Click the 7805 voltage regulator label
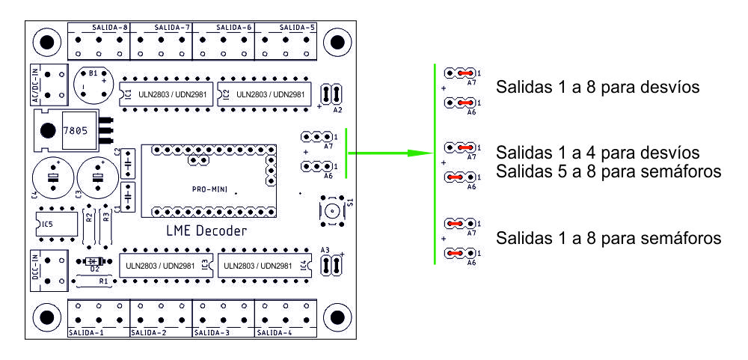(76, 130)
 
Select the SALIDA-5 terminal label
(297, 28)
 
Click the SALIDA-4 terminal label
(274, 331)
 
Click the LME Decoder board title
(206, 231)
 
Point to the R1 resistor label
(104, 281)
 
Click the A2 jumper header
(331, 94)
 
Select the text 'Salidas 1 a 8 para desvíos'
(598, 88)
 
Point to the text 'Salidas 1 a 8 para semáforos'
(608, 239)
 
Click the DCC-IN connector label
(35, 268)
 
